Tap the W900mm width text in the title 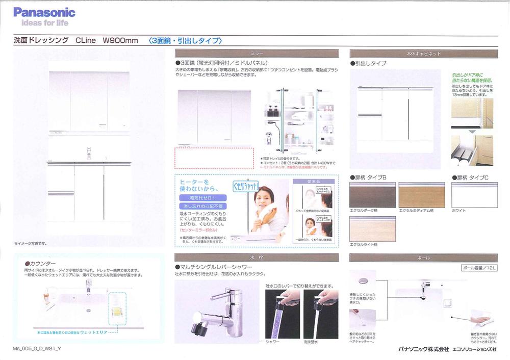(x=120, y=41)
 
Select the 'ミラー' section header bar (x=257, y=53)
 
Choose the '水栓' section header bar (x=257, y=258)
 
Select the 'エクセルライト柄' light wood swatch (x=372, y=228)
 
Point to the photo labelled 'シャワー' (x=282, y=314)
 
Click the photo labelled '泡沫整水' (x=320, y=314)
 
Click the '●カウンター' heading (x=37, y=263)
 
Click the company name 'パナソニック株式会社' (x=424, y=349)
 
